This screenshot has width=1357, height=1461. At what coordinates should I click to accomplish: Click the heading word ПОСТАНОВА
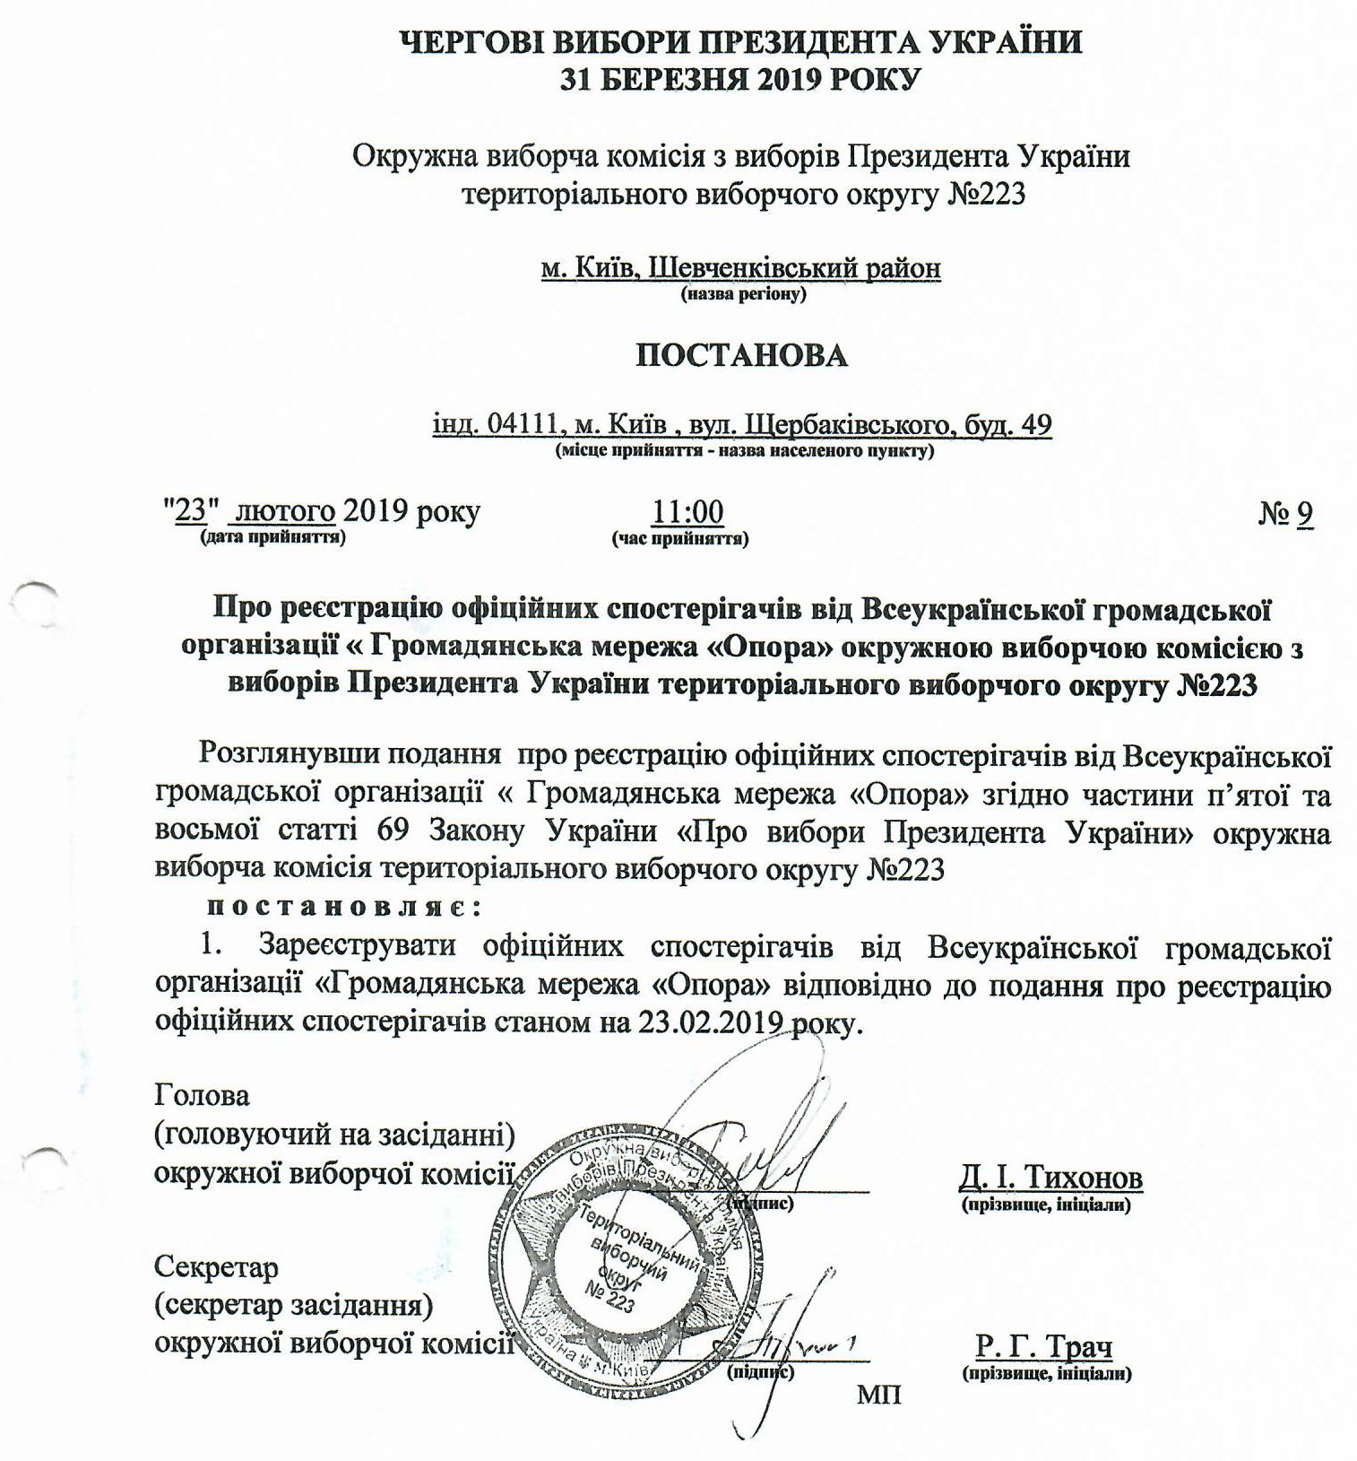741,356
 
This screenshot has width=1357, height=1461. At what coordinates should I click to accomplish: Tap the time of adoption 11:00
687,512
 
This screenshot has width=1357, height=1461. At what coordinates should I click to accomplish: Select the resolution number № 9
1286,513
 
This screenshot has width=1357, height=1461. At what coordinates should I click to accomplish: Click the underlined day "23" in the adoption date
190,511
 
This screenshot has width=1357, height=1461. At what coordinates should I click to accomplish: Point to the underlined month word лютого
285,512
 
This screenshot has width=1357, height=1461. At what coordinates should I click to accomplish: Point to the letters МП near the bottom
878,1395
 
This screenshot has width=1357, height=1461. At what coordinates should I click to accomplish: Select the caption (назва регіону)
743,293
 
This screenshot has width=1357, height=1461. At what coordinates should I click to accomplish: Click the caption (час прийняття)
680,539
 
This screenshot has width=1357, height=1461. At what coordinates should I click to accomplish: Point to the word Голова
202,1095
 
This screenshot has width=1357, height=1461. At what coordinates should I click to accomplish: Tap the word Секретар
216,1267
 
